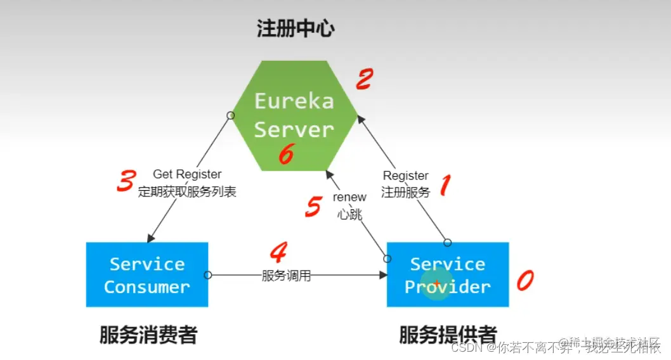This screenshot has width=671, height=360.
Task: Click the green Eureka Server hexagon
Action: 293,115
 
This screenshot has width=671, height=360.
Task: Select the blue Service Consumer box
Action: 147,275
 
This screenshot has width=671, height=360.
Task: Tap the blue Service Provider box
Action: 448,275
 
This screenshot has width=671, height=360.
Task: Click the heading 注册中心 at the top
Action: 295,29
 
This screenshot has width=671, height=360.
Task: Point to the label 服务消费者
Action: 148,335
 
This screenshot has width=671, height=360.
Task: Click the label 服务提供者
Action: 448,335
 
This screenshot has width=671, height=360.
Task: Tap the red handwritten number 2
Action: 364,80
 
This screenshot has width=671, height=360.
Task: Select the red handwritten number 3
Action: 126,181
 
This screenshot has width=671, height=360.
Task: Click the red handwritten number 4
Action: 278,253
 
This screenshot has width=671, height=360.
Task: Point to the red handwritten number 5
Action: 313,207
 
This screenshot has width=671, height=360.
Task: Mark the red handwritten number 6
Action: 286,154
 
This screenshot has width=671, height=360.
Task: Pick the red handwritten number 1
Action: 445,186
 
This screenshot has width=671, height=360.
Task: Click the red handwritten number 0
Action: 524,280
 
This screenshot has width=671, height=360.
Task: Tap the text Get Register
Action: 187,174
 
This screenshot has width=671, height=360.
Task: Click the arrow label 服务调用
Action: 287,276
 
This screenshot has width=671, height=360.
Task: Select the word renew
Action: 349,197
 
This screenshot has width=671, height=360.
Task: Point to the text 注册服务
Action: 405,192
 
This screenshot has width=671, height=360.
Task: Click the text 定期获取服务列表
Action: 187,192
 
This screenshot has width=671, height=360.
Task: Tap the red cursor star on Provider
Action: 437,283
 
